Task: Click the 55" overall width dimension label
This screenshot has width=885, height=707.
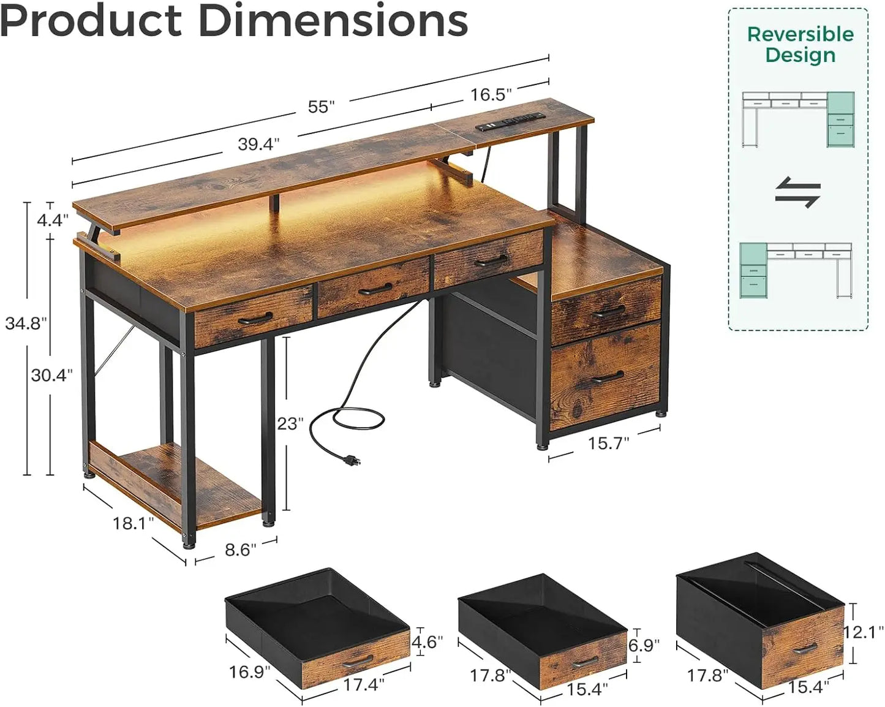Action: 321,107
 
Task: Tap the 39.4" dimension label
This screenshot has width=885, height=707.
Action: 258,144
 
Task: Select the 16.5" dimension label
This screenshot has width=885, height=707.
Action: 491,94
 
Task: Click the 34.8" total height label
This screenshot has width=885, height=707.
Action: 26,323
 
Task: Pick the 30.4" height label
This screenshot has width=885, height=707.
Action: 52,374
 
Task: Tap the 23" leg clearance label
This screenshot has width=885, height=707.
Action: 290,423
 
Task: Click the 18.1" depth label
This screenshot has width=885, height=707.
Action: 133,523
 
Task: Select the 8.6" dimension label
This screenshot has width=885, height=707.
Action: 240,550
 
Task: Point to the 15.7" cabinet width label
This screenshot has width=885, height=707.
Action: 608,443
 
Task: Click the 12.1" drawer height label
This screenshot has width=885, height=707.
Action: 864,632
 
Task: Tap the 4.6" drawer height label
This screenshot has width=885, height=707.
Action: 426,641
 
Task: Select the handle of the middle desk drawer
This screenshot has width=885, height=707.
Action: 375,288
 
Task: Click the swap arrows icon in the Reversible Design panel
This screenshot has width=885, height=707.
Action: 797,192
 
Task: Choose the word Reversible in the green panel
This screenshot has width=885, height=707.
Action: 800,34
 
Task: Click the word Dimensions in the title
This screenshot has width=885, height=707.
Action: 333,21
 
